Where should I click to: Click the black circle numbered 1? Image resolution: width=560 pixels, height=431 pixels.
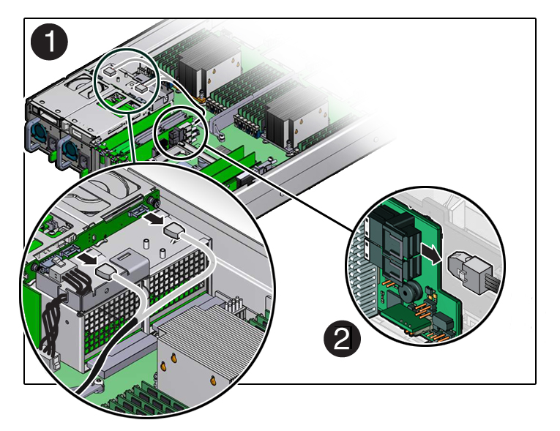(x=49, y=42)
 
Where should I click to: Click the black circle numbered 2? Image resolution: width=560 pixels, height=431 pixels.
(x=341, y=339)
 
